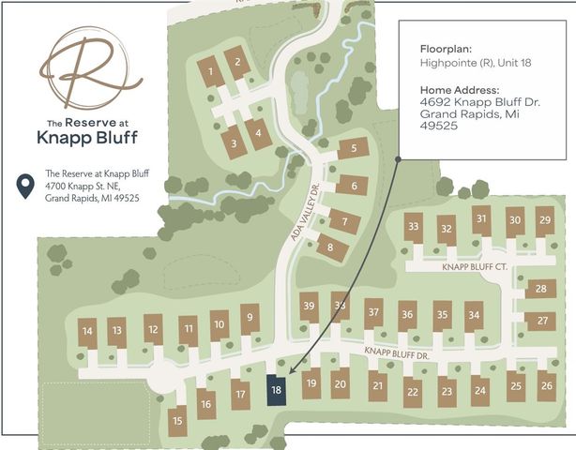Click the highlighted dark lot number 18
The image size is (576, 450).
pos(276,390)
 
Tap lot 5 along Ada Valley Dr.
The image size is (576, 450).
pos(353,148)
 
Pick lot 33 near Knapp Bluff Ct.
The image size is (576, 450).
pos(413,227)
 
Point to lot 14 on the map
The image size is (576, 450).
pos(87,331)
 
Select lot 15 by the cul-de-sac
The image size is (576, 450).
pos(178,420)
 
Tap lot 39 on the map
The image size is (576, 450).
pos(309,307)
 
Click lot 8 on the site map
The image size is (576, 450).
pos(329,247)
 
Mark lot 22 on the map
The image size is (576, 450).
pos(412,391)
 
